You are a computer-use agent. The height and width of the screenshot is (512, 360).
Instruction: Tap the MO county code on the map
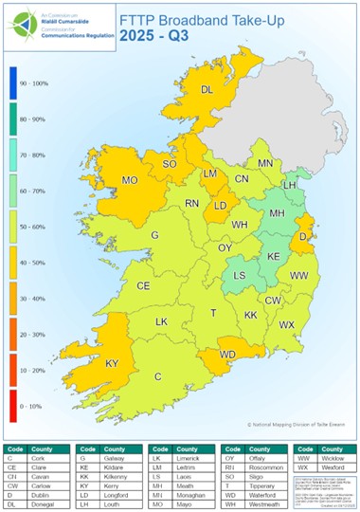click(x=130, y=179)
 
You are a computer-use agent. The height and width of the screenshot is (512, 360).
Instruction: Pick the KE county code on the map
click(x=274, y=257)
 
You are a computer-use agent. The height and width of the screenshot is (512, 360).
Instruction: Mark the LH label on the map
click(x=290, y=186)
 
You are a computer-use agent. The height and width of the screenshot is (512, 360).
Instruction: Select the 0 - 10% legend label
click(x=49, y=406)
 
